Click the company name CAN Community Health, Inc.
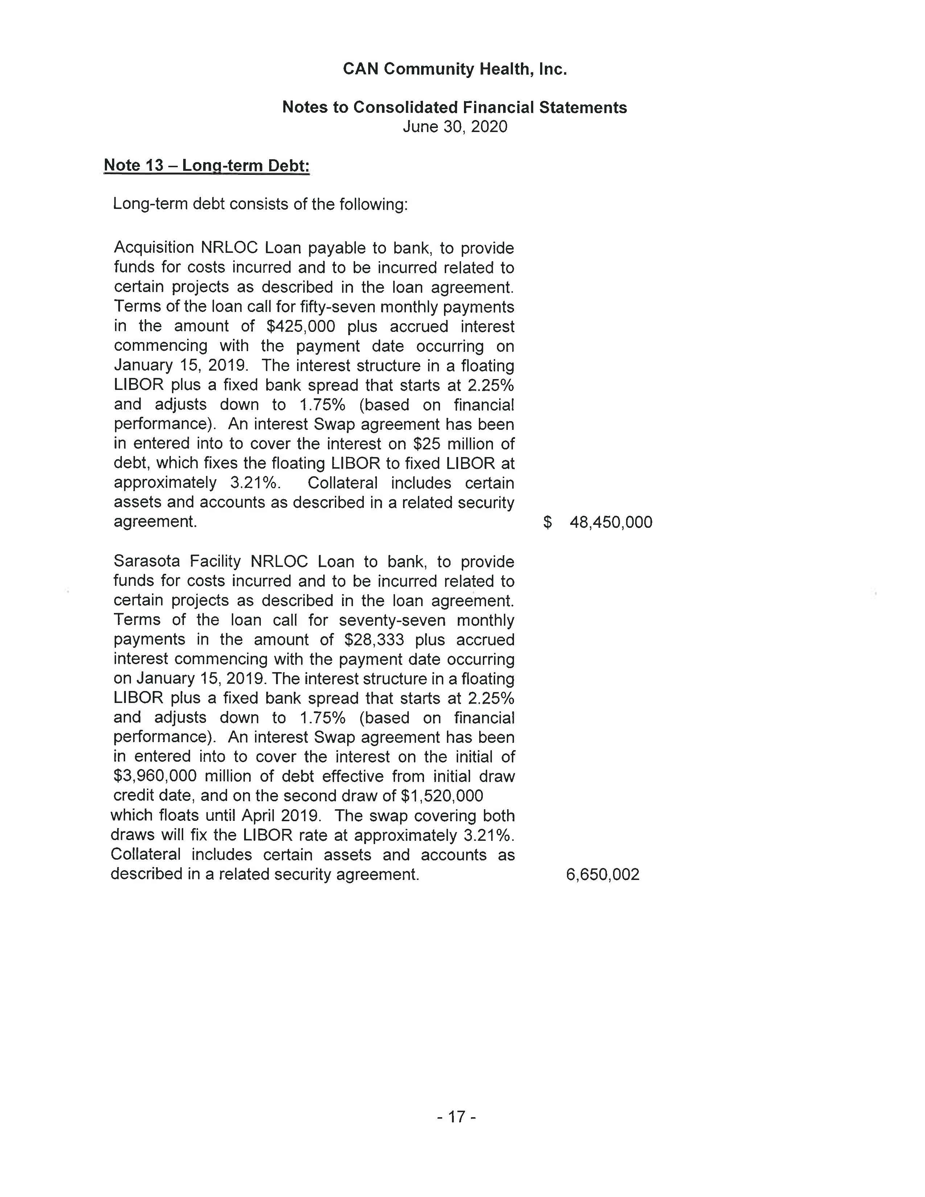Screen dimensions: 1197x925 tap(454, 69)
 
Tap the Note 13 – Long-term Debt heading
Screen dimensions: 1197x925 tap(207, 165)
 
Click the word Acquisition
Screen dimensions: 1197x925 tap(154, 248)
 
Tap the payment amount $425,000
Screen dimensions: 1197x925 tap(300, 327)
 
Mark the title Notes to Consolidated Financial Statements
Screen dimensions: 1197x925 tap(454, 107)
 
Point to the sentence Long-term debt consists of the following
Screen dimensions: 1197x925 tap(260, 205)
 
